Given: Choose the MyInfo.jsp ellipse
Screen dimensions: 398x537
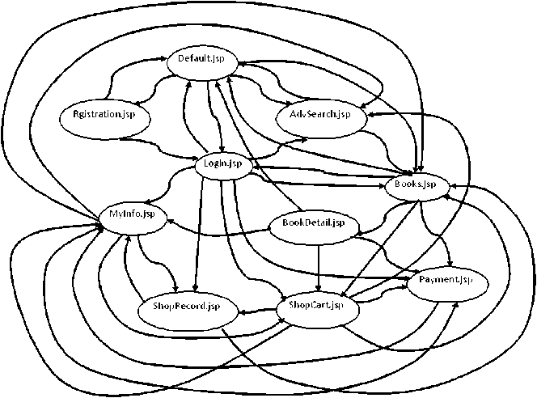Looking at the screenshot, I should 132,215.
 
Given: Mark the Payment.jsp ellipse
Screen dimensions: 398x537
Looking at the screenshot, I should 445,281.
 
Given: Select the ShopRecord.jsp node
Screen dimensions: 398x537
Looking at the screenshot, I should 186,307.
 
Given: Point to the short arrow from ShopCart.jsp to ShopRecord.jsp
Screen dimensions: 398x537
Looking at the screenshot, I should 255,310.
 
